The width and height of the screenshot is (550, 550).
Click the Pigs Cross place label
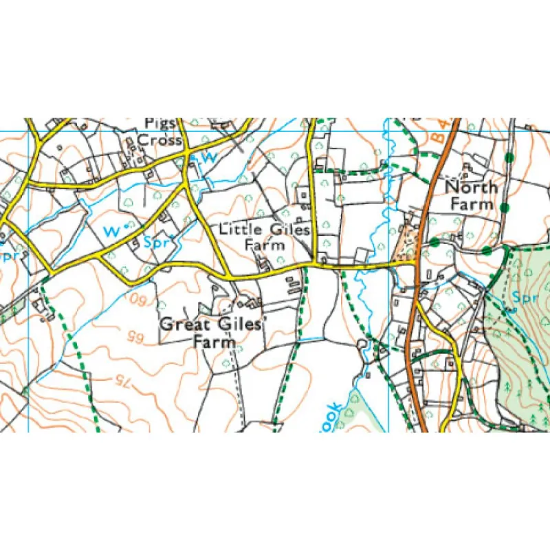point(159,131)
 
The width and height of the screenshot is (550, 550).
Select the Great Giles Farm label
point(210,332)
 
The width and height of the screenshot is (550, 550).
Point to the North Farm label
point(472,195)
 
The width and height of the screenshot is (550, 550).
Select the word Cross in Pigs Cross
point(159,140)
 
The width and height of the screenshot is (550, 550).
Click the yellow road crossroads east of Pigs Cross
point(187,163)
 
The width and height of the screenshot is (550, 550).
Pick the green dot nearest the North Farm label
point(505,207)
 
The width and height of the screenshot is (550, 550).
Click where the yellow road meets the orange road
point(417,263)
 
